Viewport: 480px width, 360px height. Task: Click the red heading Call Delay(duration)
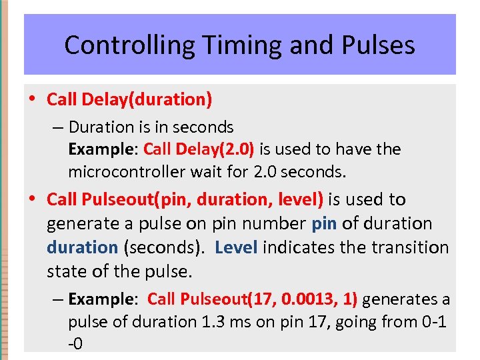(129, 100)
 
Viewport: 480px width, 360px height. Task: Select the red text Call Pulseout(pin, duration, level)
(185, 199)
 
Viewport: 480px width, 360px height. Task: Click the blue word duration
(82, 247)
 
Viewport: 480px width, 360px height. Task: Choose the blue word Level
(237, 247)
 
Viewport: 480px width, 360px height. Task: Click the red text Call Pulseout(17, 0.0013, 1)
(252, 299)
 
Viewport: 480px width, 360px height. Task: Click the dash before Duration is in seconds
(59, 127)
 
